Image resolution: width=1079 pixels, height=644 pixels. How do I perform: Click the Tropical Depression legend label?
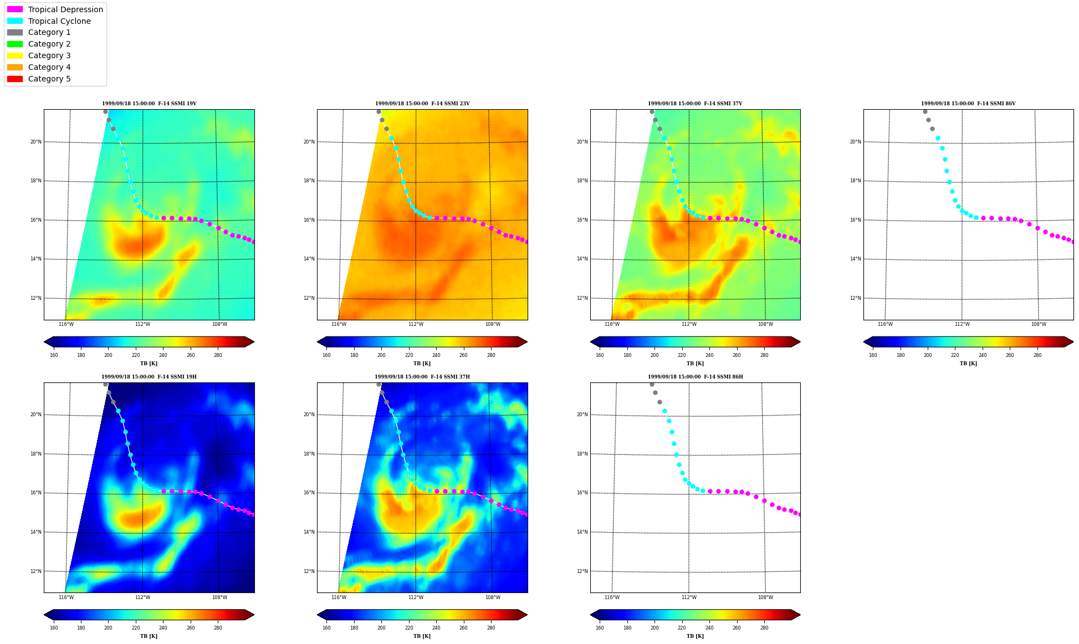pyautogui.click(x=65, y=9)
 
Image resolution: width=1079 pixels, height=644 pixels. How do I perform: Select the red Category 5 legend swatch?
pyautogui.click(x=15, y=79)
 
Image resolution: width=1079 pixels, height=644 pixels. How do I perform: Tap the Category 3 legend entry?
pyautogui.click(x=49, y=55)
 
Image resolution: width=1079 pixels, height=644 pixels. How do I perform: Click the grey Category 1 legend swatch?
pyautogui.click(x=15, y=33)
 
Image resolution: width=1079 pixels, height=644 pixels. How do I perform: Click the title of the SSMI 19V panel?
pyautogui.click(x=149, y=104)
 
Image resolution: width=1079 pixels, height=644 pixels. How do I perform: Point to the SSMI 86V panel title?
pyautogui.click(x=968, y=104)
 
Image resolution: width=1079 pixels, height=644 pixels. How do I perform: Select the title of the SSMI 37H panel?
pyautogui.click(x=422, y=377)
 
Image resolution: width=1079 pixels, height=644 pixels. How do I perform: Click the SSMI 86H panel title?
pyautogui.click(x=696, y=377)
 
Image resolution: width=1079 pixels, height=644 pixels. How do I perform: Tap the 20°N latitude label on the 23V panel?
pyautogui.click(x=309, y=142)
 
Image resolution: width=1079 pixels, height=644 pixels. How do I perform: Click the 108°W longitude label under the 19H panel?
pyautogui.click(x=219, y=597)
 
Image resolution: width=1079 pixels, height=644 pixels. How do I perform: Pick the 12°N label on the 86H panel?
pyautogui.click(x=582, y=571)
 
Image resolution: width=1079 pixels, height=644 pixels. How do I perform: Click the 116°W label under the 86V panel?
pyautogui.click(x=885, y=324)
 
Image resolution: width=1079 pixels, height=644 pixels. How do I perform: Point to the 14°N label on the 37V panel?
pyautogui.click(x=582, y=259)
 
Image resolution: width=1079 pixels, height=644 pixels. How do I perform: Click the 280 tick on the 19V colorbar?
pyautogui.click(x=218, y=355)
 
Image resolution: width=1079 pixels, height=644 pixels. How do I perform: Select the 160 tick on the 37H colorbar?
pyautogui.click(x=326, y=628)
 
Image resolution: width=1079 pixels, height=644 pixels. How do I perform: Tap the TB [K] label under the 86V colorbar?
pyautogui.click(x=968, y=364)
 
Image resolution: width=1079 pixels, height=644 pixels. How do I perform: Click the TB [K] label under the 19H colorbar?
pyautogui.click(x=149, y=636)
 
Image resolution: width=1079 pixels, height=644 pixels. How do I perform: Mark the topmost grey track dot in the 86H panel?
pyautogui.click(x=652, y=384)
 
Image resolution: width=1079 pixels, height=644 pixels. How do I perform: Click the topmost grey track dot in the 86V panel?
pyautogui.click(x=925, y=111)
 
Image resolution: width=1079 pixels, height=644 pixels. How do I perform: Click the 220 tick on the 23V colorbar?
pyautogui.click(x=409, y=355)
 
